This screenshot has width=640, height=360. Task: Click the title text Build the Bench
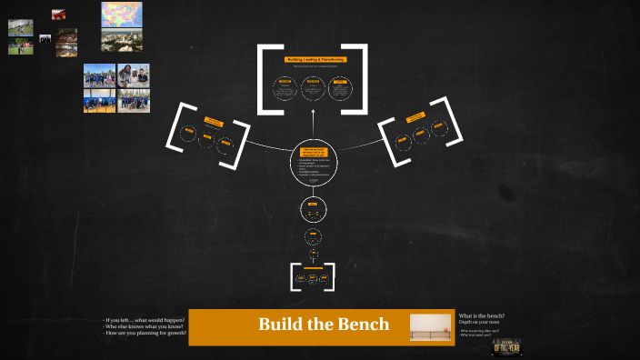pos(324,325)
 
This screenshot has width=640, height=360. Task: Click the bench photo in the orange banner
pos(430,326)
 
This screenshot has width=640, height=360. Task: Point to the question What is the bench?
pos(481,315)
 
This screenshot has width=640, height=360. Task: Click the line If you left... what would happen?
pos(145,320)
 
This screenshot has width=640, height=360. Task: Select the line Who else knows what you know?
pos(145,326)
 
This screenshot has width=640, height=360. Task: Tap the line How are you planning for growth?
pos(145,333)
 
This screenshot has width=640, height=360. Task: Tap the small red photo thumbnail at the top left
pos(58,14)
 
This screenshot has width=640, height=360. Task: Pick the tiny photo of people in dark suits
pos(45,38)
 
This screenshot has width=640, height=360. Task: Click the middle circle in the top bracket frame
pos(313,88)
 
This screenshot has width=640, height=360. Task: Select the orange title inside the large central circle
pos(312,155)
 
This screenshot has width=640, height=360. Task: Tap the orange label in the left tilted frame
pos(214,121)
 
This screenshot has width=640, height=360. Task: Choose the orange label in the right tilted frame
pos(416,117)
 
